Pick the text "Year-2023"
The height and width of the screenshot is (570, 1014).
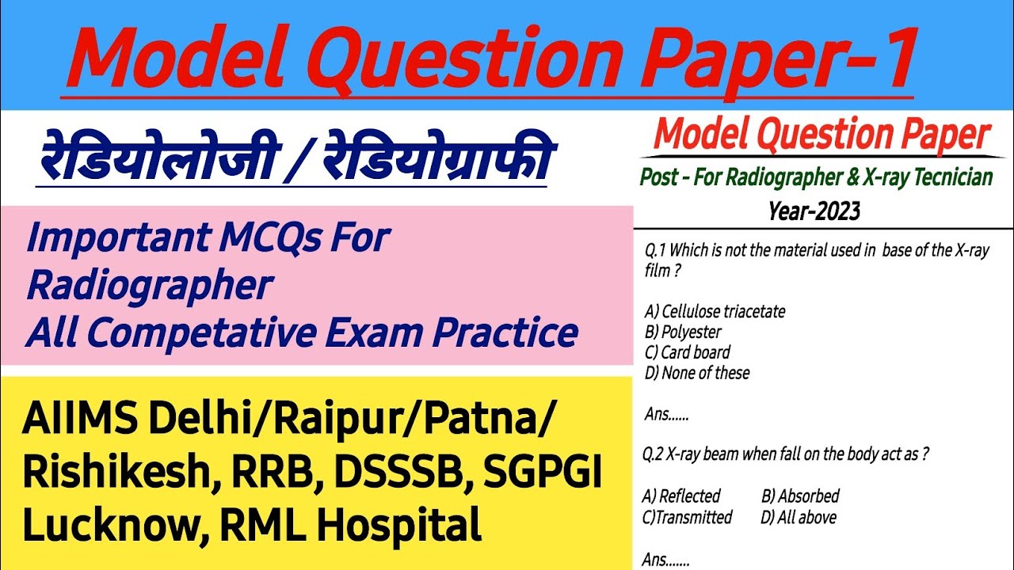(x=814, y=211)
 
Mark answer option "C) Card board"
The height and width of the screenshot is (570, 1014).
(x=687, y=352)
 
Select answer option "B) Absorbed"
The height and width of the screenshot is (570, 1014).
(x=800, y=496)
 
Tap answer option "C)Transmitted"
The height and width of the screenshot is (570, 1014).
(x=687, y=517)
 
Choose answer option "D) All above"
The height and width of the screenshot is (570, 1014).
(x=799, y=517)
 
